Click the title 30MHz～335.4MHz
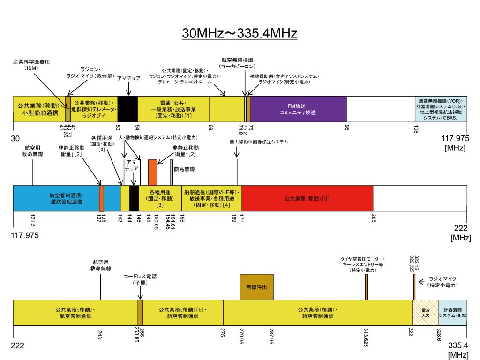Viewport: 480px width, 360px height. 240,34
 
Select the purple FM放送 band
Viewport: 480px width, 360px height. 298,109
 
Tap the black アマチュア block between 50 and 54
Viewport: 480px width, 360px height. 127,109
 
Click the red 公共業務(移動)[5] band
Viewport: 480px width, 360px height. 307,198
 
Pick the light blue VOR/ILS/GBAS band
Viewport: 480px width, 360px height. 441,109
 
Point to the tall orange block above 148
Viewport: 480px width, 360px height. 152,172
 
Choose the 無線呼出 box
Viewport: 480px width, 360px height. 256,287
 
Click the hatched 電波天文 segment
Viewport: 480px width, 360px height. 426,313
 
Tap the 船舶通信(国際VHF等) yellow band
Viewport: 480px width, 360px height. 212,198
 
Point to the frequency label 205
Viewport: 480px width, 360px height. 374,218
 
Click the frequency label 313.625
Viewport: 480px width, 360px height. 366,337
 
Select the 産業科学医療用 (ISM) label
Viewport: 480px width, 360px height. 32,65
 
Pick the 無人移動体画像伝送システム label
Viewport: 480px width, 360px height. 259,142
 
